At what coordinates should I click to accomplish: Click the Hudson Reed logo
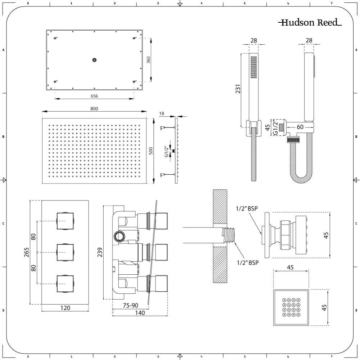(310, 22)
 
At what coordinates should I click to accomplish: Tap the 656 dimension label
(94, 96)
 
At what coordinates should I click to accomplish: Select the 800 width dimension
(94, 109)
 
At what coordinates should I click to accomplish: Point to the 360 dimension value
(149, 60)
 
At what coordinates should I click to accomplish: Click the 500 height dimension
(150, 150)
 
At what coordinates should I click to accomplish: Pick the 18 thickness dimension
(162, 113)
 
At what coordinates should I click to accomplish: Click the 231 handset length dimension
(238, 89)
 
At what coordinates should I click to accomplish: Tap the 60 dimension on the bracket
(300, 127)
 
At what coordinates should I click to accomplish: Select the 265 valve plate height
(27, 252)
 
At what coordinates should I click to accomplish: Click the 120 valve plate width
(65, 308)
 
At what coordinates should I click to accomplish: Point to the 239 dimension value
(100, 252)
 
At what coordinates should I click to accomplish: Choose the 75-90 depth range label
(130, 305)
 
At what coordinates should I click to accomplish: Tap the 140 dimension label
(140, 313)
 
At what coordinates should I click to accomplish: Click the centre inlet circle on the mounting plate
(94, 60)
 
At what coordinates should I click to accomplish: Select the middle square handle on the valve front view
(65, 252)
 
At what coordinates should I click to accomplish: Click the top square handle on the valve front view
(65, 221)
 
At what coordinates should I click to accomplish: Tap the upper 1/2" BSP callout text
(247, 208)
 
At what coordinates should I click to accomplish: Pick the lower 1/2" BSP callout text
(248, 263)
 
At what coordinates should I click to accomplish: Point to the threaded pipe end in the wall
(229, 235)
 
